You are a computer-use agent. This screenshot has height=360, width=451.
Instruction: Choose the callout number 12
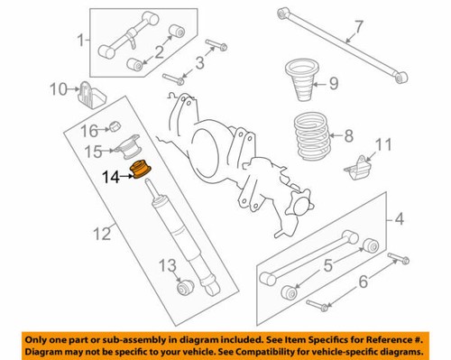pyautogui.click(x=101, y=235)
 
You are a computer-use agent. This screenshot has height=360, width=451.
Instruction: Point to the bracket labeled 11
pyautogui.click(x=358, y=168)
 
